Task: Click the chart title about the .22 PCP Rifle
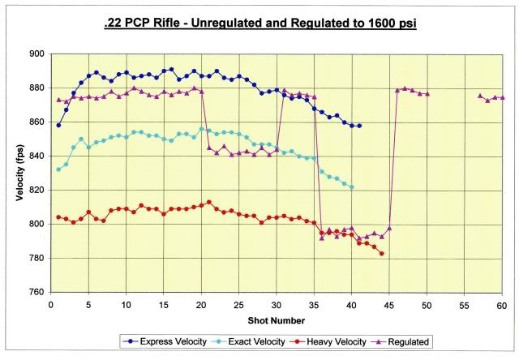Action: pos(260,25)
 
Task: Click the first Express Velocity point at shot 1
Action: pos(58,125)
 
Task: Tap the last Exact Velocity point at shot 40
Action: pos(351,186)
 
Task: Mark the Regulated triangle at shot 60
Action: pos(502,97)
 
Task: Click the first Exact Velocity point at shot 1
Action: pos(58,169)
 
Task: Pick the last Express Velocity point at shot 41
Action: pos(359,126)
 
